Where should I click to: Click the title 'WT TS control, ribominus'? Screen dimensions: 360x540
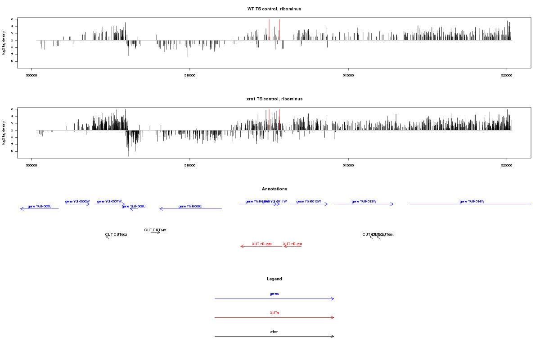pos(274,9)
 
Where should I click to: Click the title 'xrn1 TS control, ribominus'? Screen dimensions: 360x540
pos(274,99)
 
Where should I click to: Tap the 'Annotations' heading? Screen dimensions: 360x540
pos(274,189)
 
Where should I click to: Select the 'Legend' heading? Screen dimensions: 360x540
pos(274,279)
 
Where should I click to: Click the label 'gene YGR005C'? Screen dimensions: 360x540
pos(40,207)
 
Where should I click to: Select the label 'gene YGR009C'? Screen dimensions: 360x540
pos(190,207)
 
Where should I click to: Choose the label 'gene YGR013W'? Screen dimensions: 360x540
pos(364,202)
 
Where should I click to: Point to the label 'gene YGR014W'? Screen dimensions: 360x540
pos(472,202)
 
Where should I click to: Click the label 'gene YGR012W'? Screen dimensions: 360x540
pos(309,202)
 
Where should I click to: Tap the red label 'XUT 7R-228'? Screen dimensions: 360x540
pos(261,244)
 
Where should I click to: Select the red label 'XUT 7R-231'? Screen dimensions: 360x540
pos(292,244)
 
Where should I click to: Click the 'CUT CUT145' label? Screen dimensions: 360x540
pos(155,230)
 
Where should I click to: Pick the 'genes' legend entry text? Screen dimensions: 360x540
pos(274,294)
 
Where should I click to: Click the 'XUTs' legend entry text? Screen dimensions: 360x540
pos(274,313)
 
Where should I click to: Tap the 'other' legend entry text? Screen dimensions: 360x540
pos(274,332)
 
